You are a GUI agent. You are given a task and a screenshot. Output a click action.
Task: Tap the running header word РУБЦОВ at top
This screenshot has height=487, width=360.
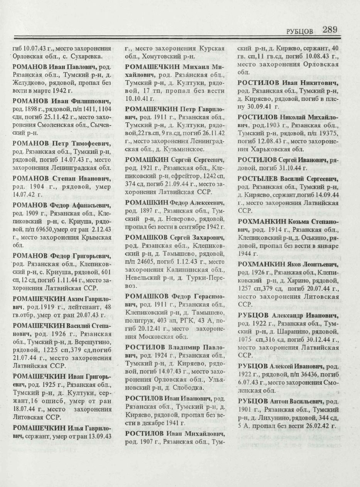(x=299, y=31)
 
